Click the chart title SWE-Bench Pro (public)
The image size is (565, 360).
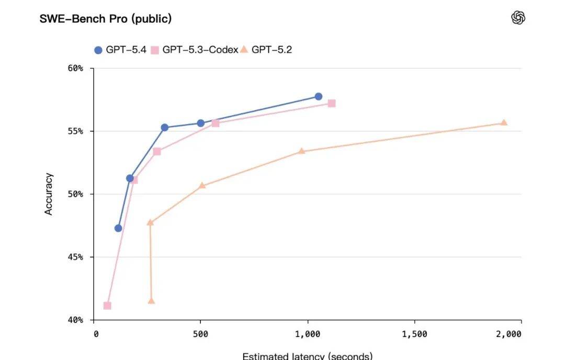point(106,19)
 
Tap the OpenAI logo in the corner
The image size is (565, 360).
point(518,18)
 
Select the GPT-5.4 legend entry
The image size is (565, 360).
point(120,50)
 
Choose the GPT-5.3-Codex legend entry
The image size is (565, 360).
point(195,50)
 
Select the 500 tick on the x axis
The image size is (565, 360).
point(200,334)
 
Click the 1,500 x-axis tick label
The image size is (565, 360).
point(414,334)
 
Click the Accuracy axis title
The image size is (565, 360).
point(49,194)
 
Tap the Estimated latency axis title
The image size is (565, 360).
point(307,356)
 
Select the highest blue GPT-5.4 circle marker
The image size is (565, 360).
point(318,96)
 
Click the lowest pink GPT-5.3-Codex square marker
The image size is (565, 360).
point(107,306)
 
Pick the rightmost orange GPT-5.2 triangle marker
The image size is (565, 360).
point(504,122)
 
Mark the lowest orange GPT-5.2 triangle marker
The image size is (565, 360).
point(151,300)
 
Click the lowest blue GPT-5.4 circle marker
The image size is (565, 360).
point(118,228)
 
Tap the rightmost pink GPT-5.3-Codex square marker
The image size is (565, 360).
point(332,104)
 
